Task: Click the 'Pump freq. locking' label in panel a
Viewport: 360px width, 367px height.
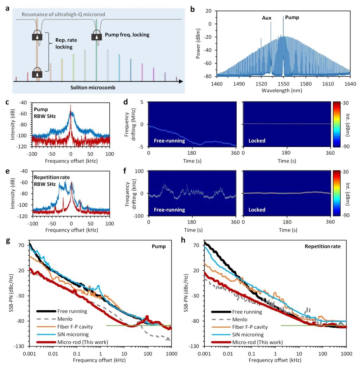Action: (x=127, y=35)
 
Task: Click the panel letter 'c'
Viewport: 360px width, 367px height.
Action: (x=7, y=103)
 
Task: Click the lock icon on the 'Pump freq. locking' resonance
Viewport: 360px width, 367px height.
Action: (x=97, y=36)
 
